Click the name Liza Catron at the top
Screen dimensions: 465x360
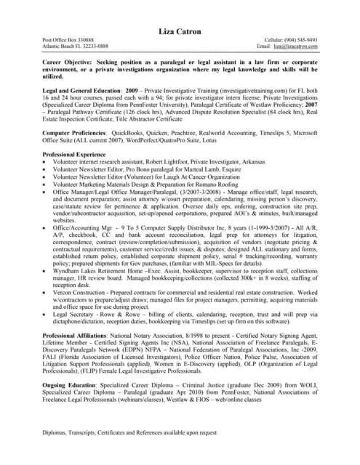[180, 31]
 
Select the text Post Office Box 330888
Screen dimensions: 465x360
[68, 40]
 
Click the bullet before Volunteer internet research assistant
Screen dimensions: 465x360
[46, 163]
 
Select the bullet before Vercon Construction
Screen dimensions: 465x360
[46, 292]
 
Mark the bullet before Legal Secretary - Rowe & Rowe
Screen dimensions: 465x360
[46, 312]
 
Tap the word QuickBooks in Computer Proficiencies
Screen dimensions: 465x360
[126, 134]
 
